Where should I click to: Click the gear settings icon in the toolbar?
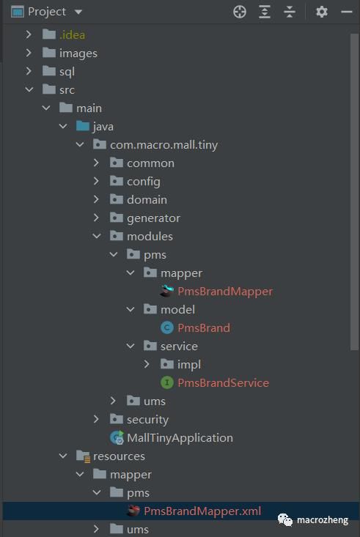pyautogui.click(x=321, y=12)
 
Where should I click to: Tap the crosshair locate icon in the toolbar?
pyautogui.click(x=239, y=12)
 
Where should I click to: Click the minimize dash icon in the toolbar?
pyautogui.click(x=347, y=12)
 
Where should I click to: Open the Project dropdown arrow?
pyautogui.click(x=78, y=12)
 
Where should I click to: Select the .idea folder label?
pyautogui.click(x=72, y=35)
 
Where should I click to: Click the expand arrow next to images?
pyautogui.click(x=29, y=53)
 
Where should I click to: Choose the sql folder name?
pyautogui.click(x=67, y=72)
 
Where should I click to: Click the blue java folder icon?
pyautogui.click(x=83, y=126)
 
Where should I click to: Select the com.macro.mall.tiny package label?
pyautogui.click(x=164, y=145)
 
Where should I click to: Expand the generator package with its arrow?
pyautogui.click(x=96, y=218)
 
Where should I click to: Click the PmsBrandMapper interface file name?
pyautogui.click(x=225, y=292)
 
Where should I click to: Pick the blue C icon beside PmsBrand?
pyautogui.click(x=166, y=327)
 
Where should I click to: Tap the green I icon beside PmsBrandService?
pyautogui.click(x=166, y=382)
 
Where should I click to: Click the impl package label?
pyautogui.click(x=189, y=364)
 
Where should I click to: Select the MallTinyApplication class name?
pyautogui.click(x=180, y=437)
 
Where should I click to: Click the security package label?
pyautogui.click(x=148, y=420)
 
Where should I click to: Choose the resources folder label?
pyautogui.click(x=119, y=456)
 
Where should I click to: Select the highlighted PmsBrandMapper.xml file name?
pyautogui.click(x=202, y=511)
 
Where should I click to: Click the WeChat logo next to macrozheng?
pyautogui.click(x=285, y=519)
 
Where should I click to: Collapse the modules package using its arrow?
pyautogui.click(x=97, y=236)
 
